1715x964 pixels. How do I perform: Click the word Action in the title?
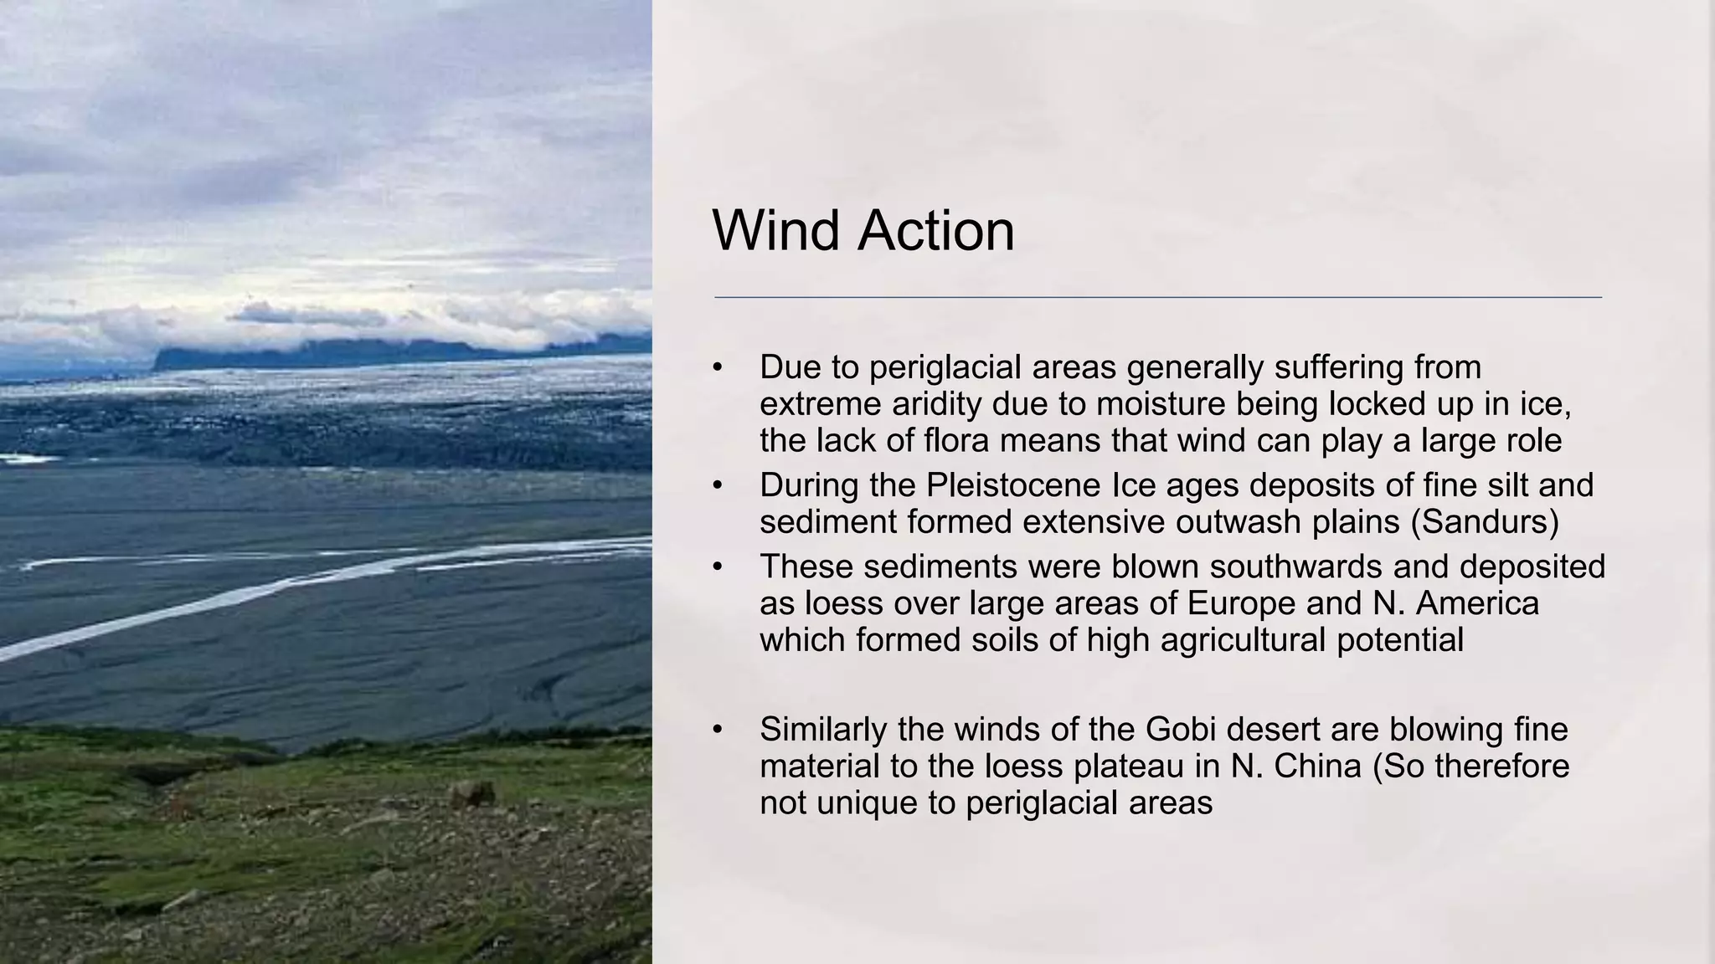tap(935, 230)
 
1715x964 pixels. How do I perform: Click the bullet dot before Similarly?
tap(717, 730)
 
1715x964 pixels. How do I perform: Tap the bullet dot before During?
tap(717, 485)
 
